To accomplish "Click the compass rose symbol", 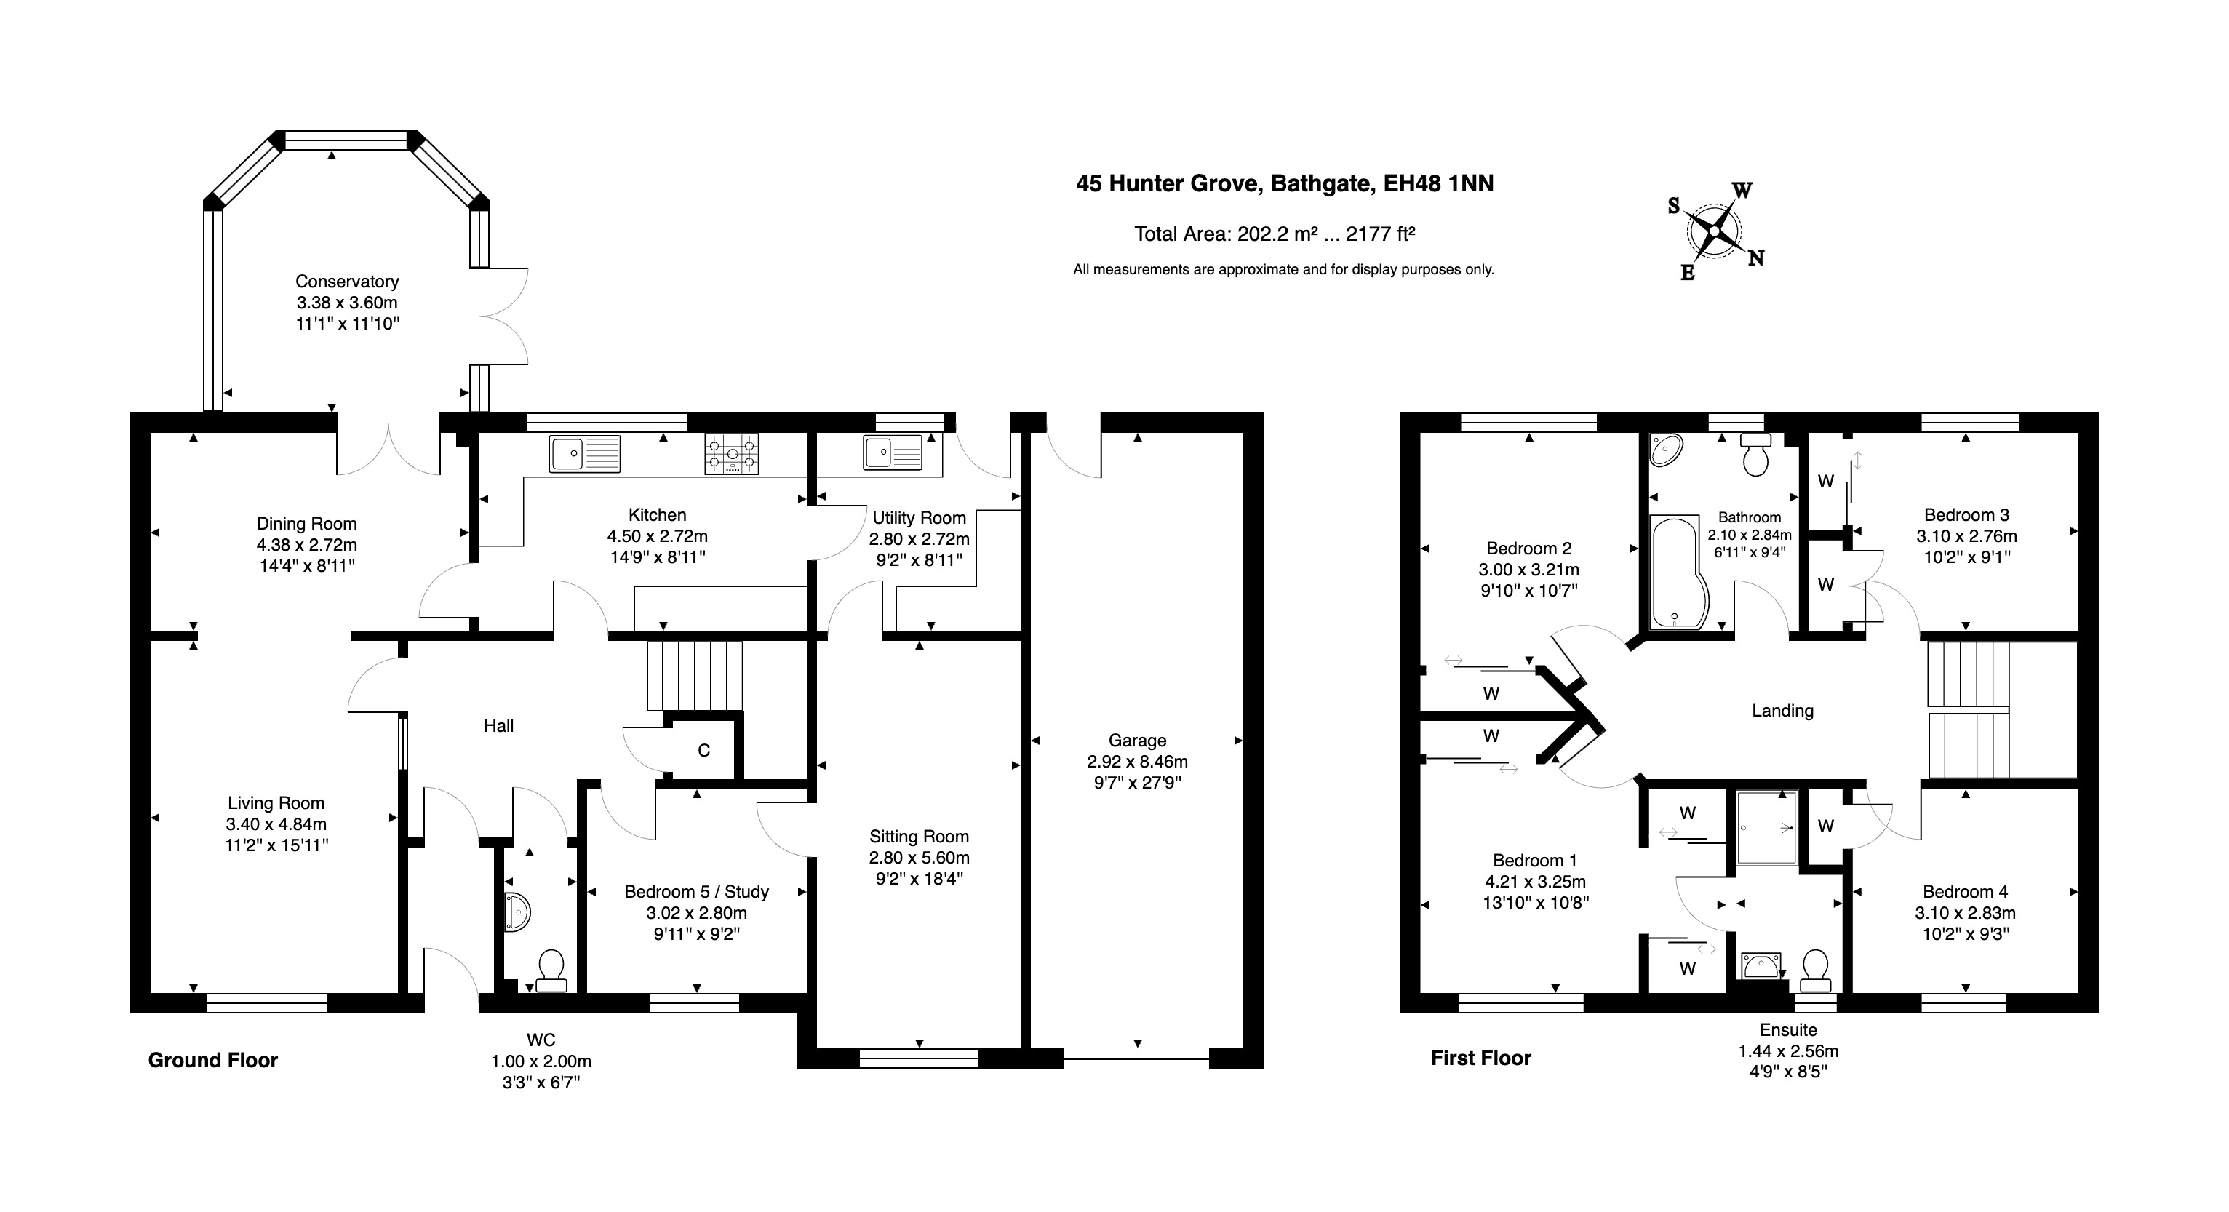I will pyautogui.click(x=1714, y=232).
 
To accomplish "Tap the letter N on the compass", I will pyautogui.click(x=1755, y=258).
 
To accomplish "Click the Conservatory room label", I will pyautogui.click(x=347, y=281).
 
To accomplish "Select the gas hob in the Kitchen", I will pyautogui.click(x=732, y=454).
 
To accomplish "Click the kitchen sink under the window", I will pyautogui.click(x=584, y=454).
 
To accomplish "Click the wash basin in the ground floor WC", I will pyautogui.click(x=516, y=912).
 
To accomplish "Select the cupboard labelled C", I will pyautogui.click(x=703, y=750).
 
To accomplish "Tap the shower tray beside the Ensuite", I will pyautogui.click(x=1766, y=828).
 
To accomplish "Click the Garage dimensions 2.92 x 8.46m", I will pyautogui.click(x=1137, y=761).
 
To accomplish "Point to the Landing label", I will pyautogui.click(x=1782, y=710).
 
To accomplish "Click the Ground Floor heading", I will pyautogui.click(x=213, y=1060).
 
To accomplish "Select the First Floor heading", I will pyautogui.click(x=1480, y=1058).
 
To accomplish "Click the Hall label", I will pyautogui.click(x=498, y=726).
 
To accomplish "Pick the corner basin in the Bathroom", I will pyautogui.click(x=1666, y=450).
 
